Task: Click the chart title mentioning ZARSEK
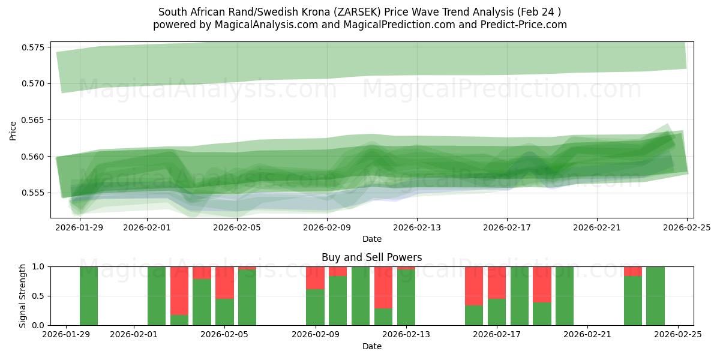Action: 360,12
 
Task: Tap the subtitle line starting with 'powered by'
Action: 360,25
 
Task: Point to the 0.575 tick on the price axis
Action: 34,47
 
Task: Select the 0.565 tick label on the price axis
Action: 34,120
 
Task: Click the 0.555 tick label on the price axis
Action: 34,193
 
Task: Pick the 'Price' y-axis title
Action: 13,130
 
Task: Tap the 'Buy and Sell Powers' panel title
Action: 371,257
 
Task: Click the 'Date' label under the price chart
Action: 371,239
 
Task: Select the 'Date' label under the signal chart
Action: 371,346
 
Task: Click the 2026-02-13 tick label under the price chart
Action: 417,227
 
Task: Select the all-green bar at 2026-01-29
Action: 89,296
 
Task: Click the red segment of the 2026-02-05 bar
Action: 224,282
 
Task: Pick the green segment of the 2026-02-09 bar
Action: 315,307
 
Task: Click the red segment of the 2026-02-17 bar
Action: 497,282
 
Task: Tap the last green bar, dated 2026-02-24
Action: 655,296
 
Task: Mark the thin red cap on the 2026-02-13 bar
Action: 406,268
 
